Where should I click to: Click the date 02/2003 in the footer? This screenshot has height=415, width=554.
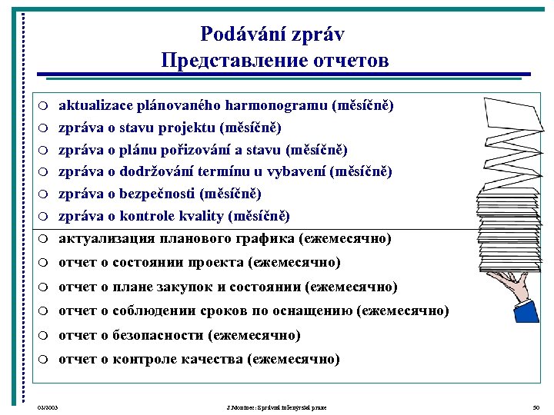point(48,407)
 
